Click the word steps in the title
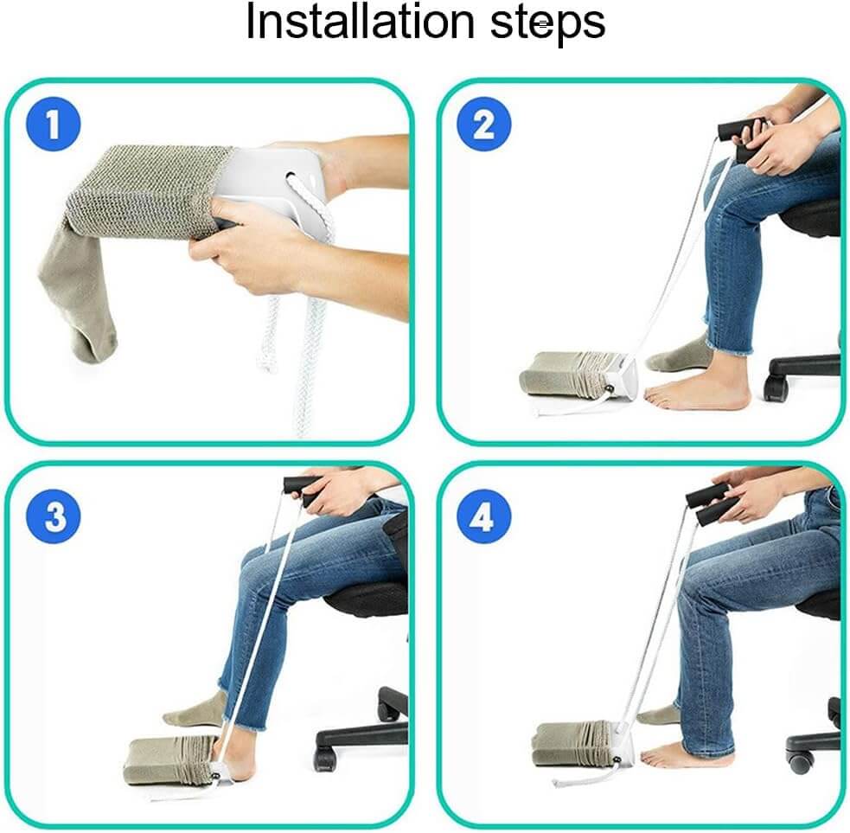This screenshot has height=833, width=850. tap(547, 23)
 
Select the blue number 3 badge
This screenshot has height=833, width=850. tap(54, 517)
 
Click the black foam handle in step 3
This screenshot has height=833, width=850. tap(302, 491)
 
